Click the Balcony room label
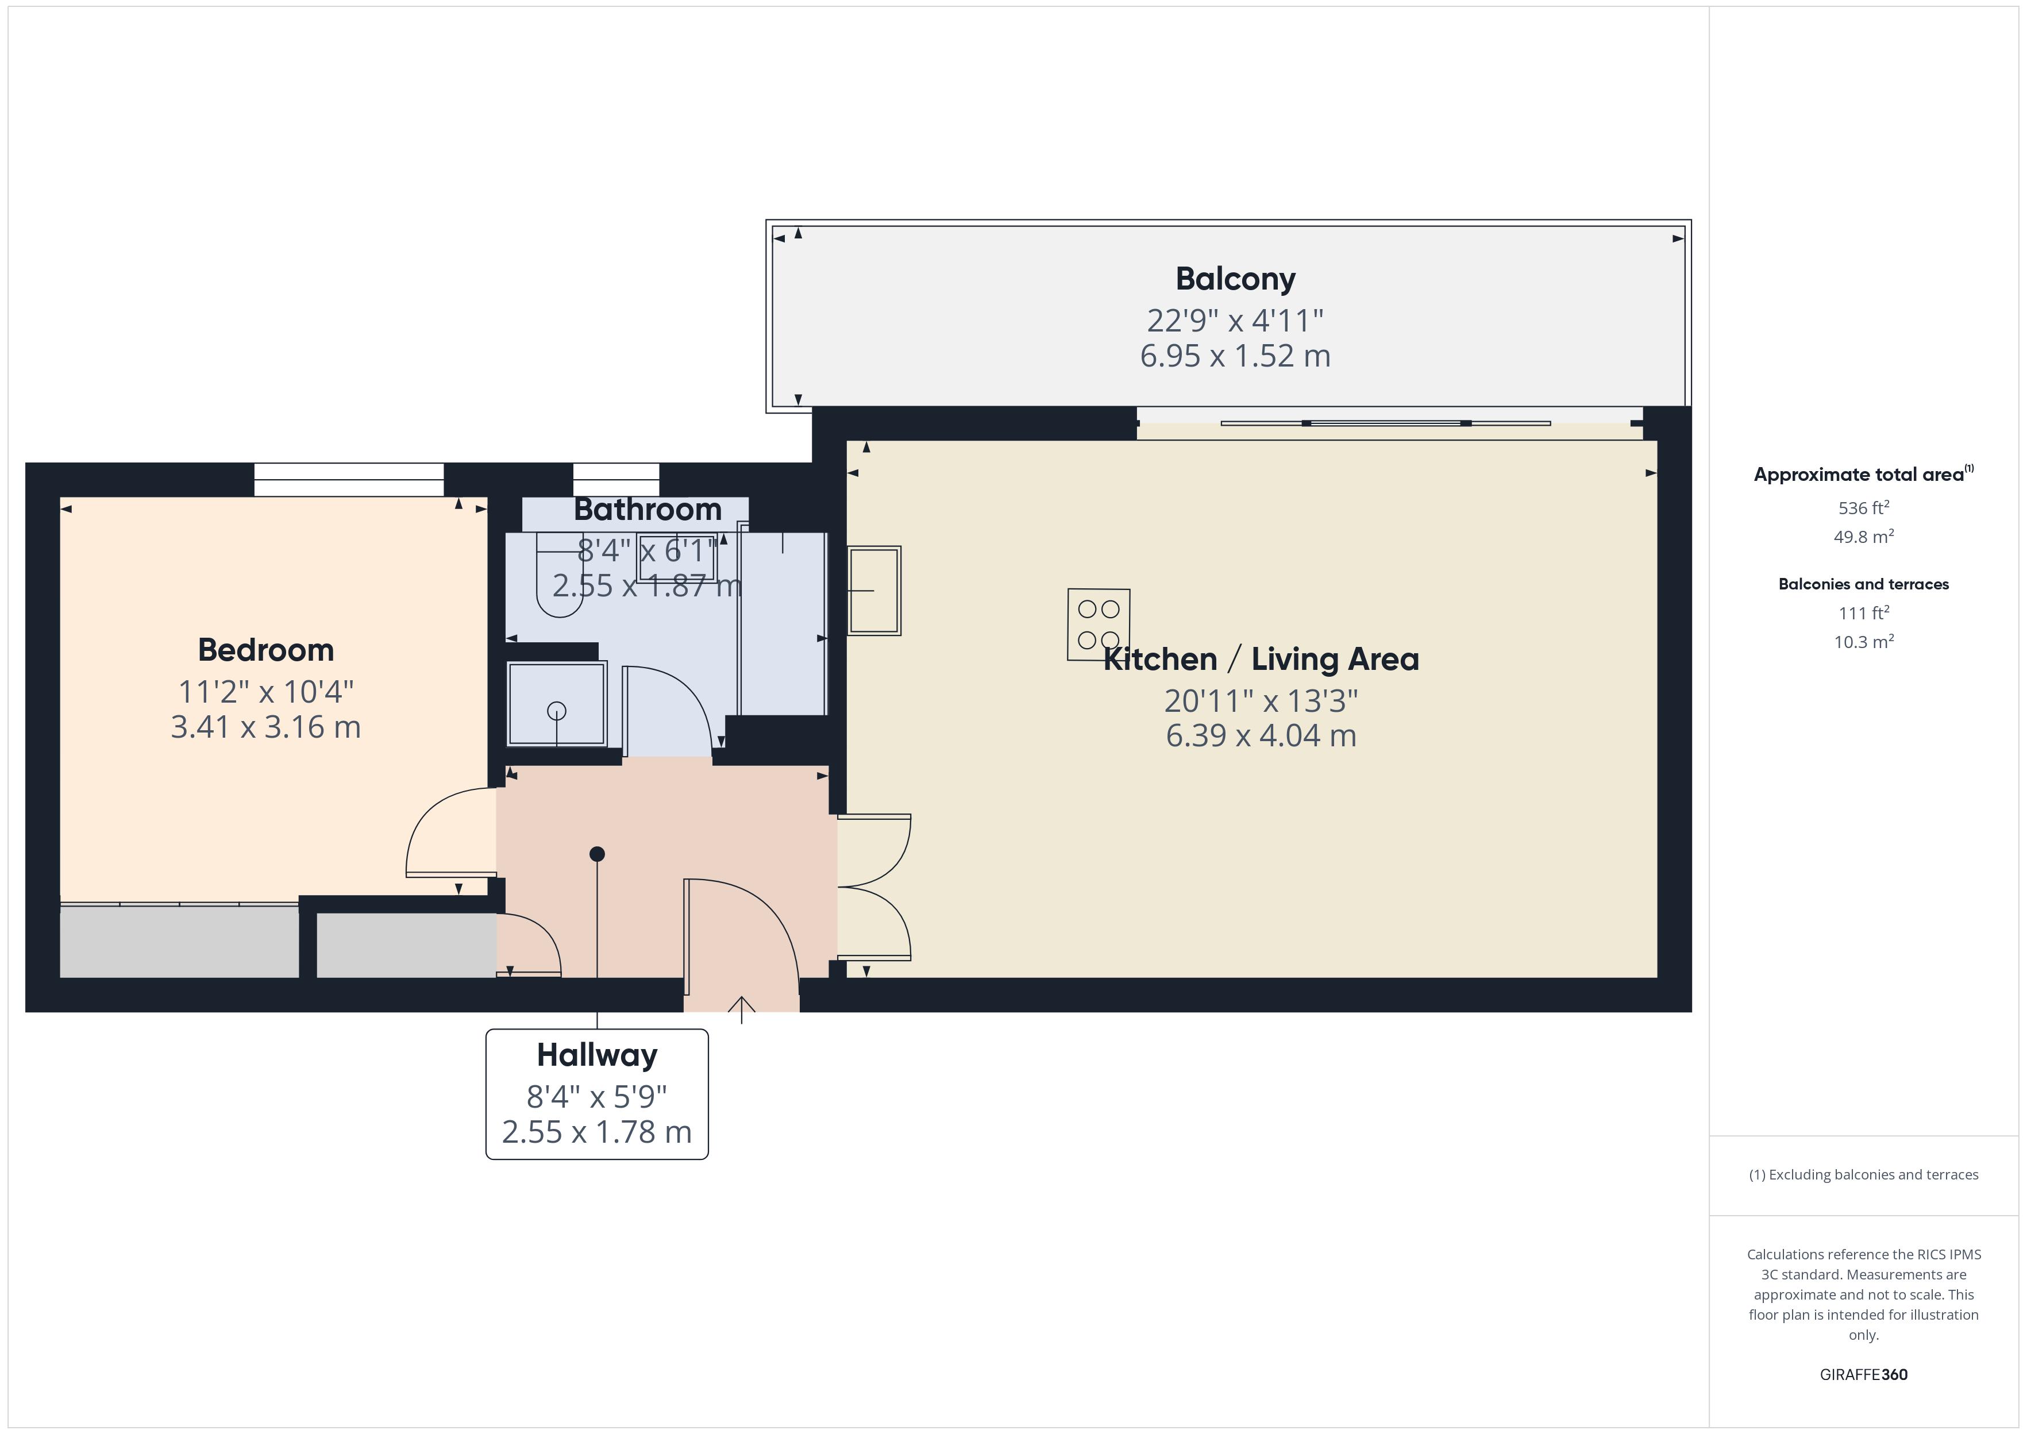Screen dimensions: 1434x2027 (x=1235, y=279)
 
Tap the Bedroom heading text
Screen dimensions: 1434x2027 (x=266, y=651)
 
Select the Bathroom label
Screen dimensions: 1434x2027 (x=647, y=510)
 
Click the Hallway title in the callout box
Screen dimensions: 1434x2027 (x=597, y=1055)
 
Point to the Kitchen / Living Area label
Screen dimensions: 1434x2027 (x=1261, y=660)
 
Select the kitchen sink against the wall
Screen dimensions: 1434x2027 (x=874, y=590)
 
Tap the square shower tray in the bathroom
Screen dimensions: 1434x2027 (x=556, y=704)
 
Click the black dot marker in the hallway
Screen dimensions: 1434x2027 (x=597, y=854)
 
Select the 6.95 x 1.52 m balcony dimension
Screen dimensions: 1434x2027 (x=1235, y=356)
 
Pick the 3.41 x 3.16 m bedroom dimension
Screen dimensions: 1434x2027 (x=266, y=727)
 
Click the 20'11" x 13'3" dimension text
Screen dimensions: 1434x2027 (x=1261, y=701)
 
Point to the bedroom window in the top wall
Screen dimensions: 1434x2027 (x=349, y=480)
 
